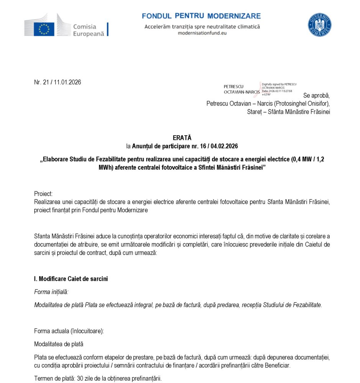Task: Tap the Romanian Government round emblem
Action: coord(319,25)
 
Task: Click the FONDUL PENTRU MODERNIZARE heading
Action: coord(201,16)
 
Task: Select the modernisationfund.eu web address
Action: coord(202,33)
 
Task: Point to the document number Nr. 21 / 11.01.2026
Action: coord(58,82)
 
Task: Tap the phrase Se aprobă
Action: coord(316,95)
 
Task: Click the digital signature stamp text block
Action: coord(278,89)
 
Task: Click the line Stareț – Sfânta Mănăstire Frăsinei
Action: coord(289,112)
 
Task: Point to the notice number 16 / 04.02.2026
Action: coord(217,146)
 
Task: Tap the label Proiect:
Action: coord(43,194)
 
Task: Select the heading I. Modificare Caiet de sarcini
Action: coord(71,279)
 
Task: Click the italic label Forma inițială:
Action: coord(51,292)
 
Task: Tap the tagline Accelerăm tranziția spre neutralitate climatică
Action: coord(202,26)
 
